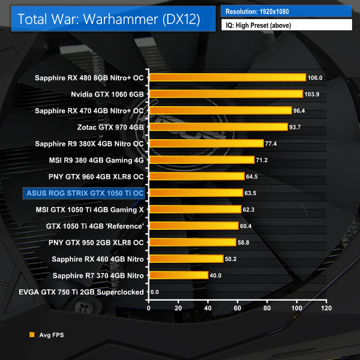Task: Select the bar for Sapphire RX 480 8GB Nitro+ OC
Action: [227, 77]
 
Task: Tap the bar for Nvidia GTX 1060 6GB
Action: [226, 94]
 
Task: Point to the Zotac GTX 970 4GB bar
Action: [218, 127]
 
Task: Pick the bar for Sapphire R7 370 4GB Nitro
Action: [179, 275]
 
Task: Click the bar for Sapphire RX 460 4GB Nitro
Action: [186, 259]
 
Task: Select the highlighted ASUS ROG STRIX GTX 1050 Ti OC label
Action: [84, 193]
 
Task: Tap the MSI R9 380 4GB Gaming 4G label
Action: [97, 160]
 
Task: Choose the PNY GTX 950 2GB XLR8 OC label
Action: [96, 242]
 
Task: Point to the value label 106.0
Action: [316, 78]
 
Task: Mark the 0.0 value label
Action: [155, 292]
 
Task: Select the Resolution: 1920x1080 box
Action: [286, 11]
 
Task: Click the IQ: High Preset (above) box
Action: [286, 25]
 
